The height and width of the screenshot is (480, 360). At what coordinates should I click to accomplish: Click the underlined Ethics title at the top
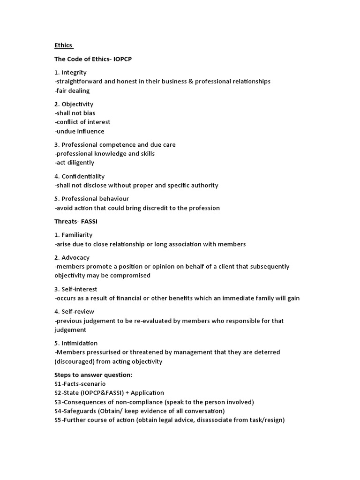63,45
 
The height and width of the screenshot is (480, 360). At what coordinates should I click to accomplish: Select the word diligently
80,163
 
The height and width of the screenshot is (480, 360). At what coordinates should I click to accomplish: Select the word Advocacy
75,258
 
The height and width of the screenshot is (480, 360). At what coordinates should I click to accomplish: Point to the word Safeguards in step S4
79,411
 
